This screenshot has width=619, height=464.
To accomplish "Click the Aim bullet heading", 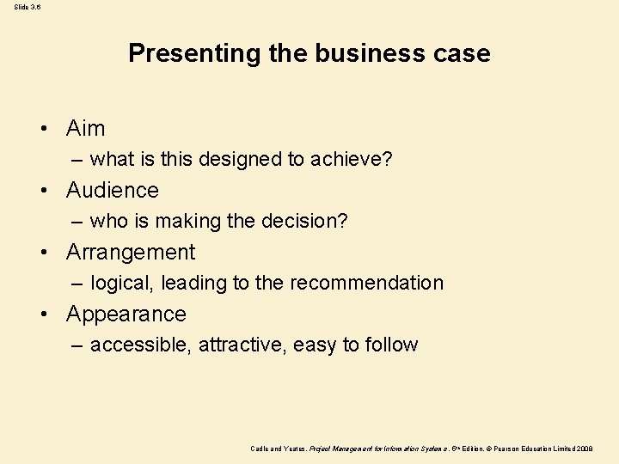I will (85, 129).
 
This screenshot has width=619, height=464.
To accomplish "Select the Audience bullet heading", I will (113, 190).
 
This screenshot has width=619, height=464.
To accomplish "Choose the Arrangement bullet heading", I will (131, 253).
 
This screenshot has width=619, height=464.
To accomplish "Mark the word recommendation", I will (366, 283).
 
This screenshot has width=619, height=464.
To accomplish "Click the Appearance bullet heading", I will (126, 314).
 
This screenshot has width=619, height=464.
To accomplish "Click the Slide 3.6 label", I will (27, 7).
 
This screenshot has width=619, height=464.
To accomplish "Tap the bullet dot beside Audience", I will (42, 191).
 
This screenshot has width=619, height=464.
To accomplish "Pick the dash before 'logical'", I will (77, 284).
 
